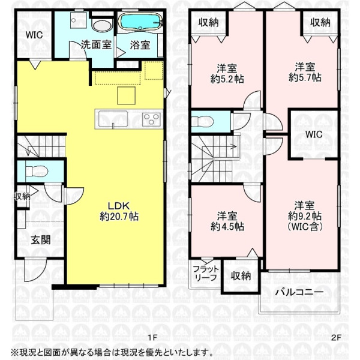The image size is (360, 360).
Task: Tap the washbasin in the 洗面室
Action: [103, 25]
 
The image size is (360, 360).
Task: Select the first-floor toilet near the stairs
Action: [37, 171]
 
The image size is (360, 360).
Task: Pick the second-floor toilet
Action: [203, 121]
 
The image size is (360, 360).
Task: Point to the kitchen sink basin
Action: [113, 119]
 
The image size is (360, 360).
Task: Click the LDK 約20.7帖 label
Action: [119, 211]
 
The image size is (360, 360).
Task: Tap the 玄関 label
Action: [41, 240]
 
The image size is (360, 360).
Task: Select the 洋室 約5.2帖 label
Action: [227, 73]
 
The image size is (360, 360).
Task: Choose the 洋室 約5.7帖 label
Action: [305, 73]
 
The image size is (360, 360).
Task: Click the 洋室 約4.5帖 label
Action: [227, 221]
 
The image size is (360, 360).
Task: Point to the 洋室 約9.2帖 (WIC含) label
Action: [305, 216]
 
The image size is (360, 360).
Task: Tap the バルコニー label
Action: [299, 292]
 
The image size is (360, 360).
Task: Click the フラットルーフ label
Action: [206, 273]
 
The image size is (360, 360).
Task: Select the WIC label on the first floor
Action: [34, 35]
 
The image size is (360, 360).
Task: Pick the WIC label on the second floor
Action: [314, 134]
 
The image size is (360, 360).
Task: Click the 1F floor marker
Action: [152, 337]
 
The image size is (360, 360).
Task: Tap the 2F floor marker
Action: [336, 337]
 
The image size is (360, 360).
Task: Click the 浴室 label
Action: [140, 45]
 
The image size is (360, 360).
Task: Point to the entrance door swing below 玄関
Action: [35, 271]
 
